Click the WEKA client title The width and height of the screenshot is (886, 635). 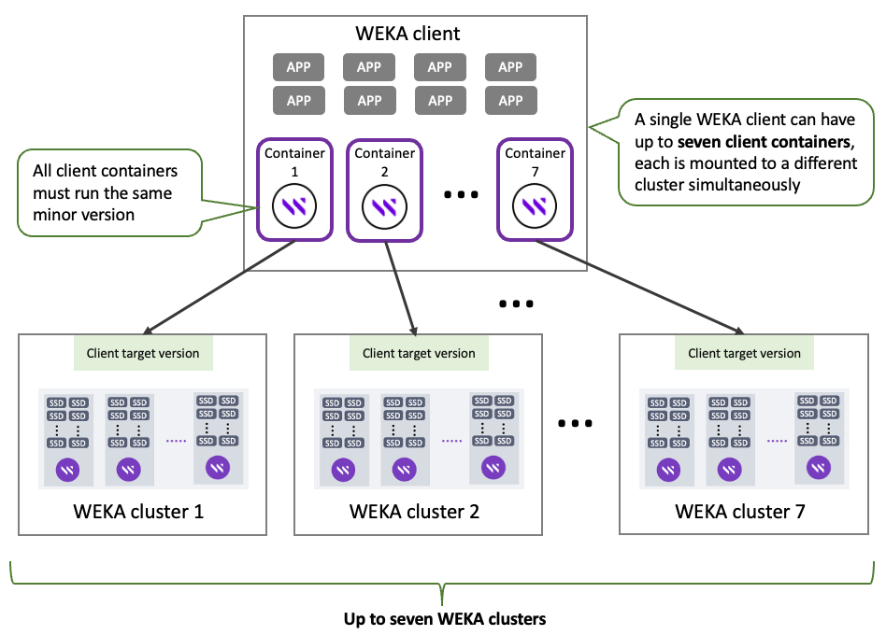408,35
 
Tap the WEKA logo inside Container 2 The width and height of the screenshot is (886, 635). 385,207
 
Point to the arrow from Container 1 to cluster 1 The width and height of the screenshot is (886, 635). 221,285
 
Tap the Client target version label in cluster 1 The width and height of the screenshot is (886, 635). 143,353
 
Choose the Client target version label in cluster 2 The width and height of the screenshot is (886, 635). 419,353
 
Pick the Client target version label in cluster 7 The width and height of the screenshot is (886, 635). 744,353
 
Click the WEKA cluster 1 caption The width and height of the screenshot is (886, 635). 138,511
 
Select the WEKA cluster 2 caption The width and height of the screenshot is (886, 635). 414,511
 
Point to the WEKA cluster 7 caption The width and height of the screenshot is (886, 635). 740,511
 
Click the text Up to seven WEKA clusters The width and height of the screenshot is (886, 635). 444,618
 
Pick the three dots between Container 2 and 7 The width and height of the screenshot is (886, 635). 461,195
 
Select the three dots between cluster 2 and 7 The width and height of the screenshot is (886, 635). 575,423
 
